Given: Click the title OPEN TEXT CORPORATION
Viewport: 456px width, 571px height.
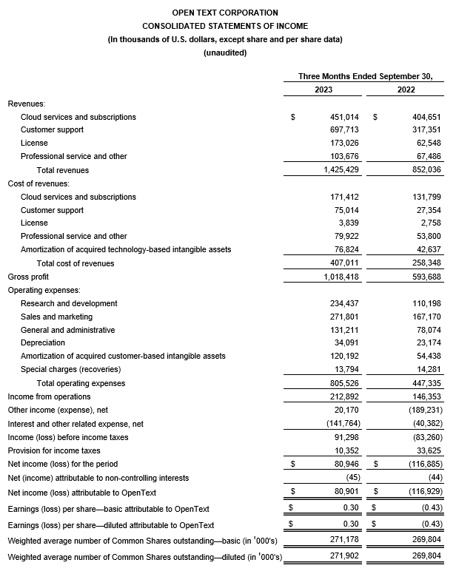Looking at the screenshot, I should [225, 13].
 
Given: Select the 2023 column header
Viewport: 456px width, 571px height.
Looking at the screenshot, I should [323, 89].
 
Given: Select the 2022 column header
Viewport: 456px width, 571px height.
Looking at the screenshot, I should [405, 89].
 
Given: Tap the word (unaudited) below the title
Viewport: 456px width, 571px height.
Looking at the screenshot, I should [225, 53].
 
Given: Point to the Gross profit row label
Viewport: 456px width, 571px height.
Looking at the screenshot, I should [29, 277].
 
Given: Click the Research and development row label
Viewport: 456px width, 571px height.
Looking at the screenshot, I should [69, 303].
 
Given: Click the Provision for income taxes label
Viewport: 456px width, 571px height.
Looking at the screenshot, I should [53, 450].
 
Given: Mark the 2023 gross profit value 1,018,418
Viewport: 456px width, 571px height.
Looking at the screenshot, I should [338, 277].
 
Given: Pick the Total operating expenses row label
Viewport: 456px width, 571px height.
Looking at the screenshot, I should [81, 383].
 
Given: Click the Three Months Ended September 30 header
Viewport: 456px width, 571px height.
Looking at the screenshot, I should [364, 76].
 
